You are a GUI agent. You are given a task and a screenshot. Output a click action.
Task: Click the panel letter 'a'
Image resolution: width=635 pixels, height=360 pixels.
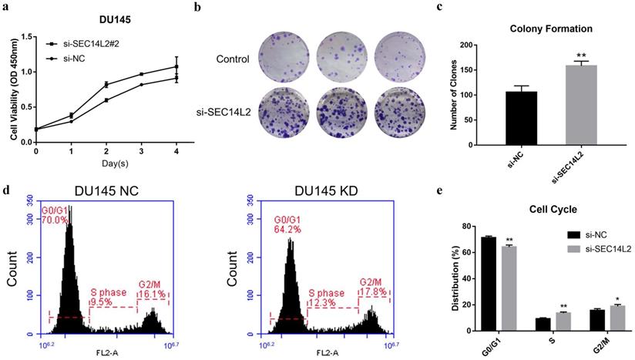(x=6, y=8)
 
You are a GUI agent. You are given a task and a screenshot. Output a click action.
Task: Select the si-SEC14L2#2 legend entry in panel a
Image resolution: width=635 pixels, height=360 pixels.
(x=85, y=45)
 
